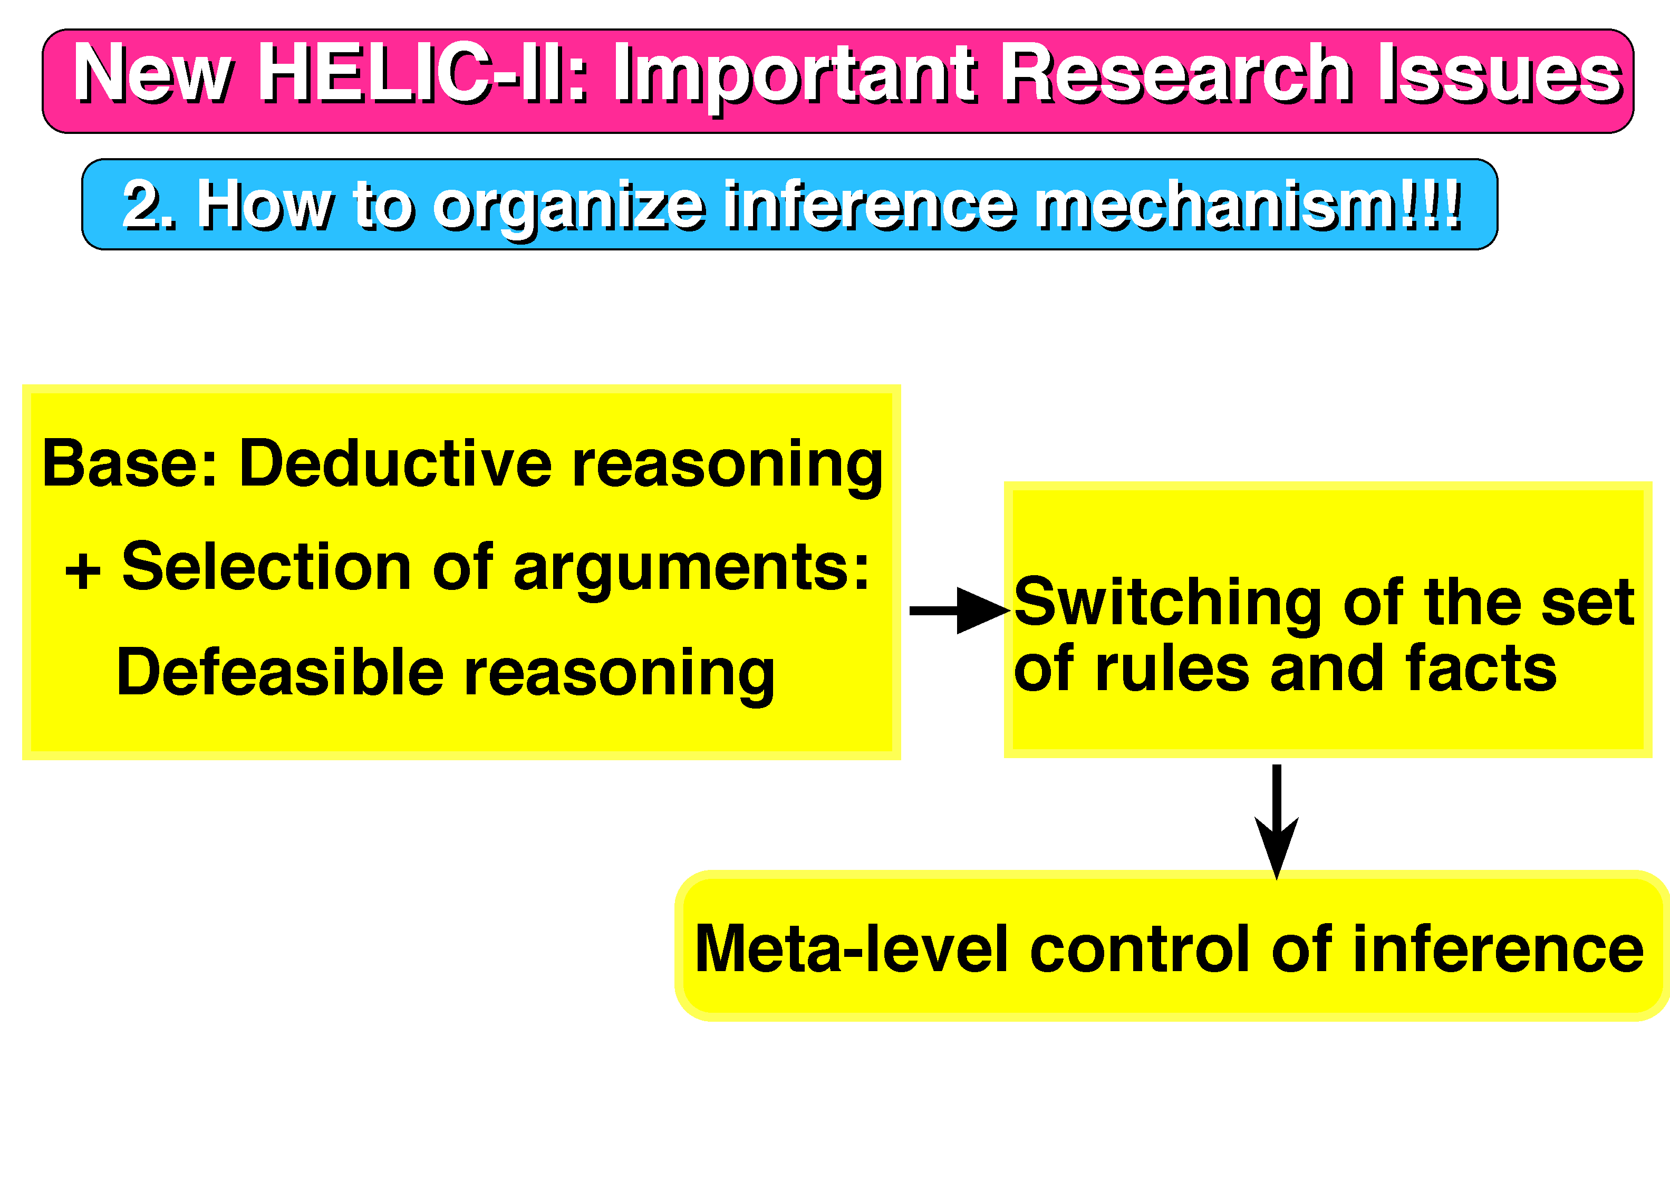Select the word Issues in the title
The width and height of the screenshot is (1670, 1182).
pyautogui.click(x=1500, y=72)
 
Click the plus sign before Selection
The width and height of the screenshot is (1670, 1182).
pyautogui.click(x=82, y=571)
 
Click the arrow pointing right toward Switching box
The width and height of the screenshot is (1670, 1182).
pyautogui.click(x=960, y=611)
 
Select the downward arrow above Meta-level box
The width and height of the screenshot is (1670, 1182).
pyautogui.click(x=1276, y=822)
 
